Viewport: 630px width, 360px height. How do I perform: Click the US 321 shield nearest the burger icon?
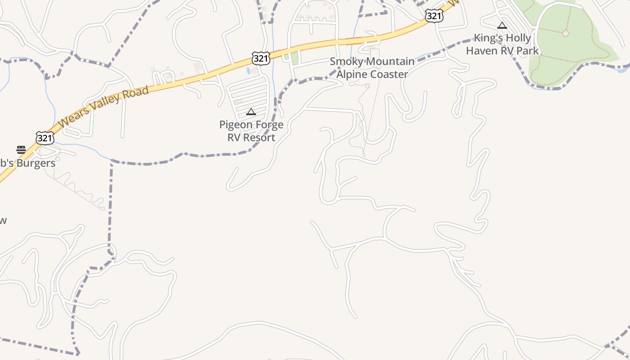(x=45, y=138)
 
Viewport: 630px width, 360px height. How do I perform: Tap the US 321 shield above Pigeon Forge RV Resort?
(x=261, y=58)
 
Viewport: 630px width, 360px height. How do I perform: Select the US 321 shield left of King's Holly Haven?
(x=434, y=16)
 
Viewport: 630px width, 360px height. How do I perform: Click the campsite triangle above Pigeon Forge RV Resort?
(x=251, y=112)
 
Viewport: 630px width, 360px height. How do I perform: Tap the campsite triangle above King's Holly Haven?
(x=502, y=26)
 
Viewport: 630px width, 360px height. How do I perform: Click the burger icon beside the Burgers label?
(x=21, y=150)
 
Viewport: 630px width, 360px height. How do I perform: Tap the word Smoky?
(x=345, y=62)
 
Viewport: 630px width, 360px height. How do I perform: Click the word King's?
(x=488, y=38)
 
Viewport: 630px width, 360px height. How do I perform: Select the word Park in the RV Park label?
(x=527, y=50)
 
